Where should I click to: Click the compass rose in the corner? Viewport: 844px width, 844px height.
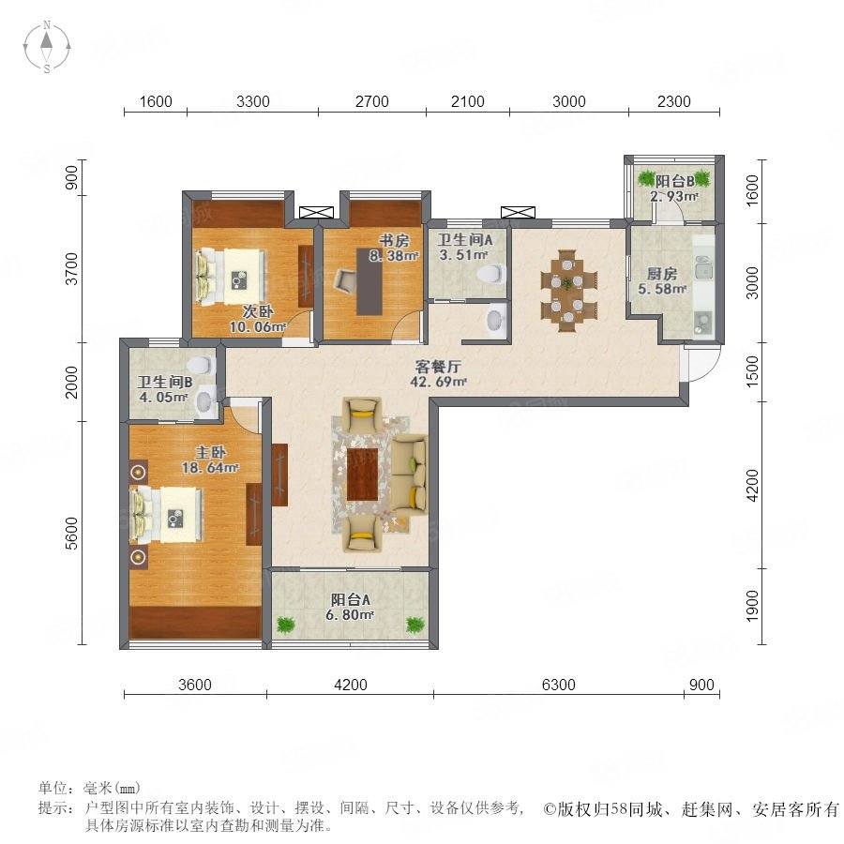[47, 46]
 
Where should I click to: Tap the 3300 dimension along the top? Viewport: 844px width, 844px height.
[253, 101]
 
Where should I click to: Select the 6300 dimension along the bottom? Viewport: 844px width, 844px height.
[558, 685]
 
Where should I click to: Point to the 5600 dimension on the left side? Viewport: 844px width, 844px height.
[71, 533]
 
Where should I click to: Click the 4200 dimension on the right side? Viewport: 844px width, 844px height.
[752, 485]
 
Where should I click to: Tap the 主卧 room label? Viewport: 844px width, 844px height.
[210, 452]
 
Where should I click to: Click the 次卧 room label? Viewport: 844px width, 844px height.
[257, 311]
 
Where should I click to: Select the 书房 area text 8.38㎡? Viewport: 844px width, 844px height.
[394, 256]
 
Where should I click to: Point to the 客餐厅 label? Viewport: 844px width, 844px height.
[438, 367]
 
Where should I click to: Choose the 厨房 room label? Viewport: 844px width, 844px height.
[661, 274]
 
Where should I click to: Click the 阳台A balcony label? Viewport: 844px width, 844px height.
[351, 599]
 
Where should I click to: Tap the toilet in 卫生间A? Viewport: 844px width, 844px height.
[490, 274]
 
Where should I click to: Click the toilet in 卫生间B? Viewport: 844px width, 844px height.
[201, 365]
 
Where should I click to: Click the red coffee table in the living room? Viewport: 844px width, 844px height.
[362, 475]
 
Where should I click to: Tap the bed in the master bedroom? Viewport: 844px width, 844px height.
[166, 515]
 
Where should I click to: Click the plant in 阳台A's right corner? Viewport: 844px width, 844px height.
[415, 625]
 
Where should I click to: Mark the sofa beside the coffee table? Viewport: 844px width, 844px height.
[409, 475]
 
